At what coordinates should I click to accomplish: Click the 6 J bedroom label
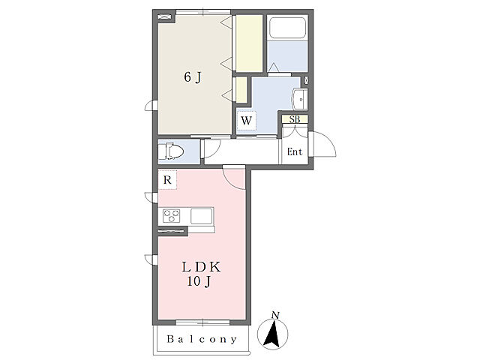tap(193, 77)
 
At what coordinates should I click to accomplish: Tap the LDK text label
tap(201, 267)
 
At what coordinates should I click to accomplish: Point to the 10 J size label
tap(199, 281)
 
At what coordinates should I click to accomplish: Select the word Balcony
tap(202, 339)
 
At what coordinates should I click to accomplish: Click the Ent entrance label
tap(295, 151)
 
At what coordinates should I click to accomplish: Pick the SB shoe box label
tap(295, 119)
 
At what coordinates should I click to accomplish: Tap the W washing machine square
tap(247, 121)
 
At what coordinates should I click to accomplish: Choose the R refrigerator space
tap(167, 180)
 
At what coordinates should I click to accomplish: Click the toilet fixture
tap(171, 151)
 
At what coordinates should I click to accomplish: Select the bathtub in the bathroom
tap(287, 28)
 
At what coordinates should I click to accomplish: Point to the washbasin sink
tap(300, 99)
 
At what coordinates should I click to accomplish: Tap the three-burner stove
tap(171, 216)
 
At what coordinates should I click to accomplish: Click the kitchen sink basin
tap(202, 216)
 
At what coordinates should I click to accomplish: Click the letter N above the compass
tap(276, 315)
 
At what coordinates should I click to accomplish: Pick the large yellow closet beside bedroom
tap(249, 43)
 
